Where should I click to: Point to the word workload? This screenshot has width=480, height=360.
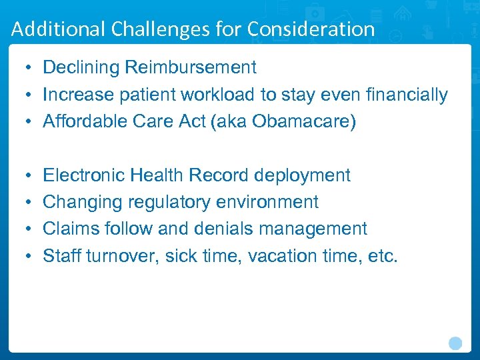pyautogui.click(x=219, y=95)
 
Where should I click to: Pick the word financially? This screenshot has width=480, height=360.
pyautogui.click(x=407, y=95)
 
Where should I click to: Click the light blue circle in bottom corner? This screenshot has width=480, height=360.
pyautogui.click(x=455, y=343)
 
